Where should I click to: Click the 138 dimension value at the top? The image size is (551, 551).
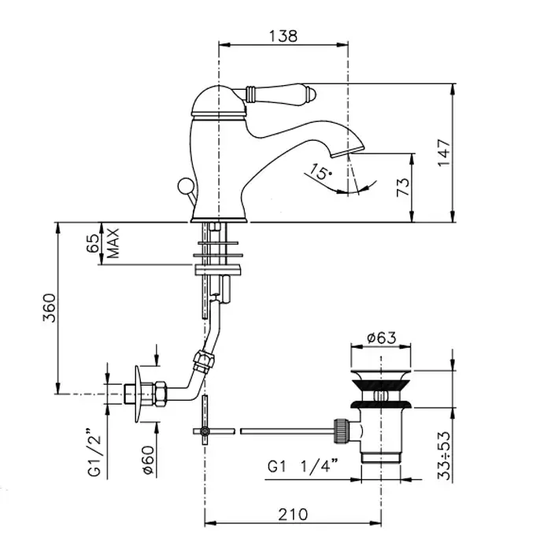[x=283, y=36]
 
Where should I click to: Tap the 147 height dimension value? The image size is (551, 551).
[x=444, y=153]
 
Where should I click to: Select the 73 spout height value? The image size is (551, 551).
[x=403, y=187]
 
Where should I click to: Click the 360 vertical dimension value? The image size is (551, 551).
[x=50, y=308]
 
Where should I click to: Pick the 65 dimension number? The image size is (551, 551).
[x=93, y=243]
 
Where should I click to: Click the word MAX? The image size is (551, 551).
[x=113, y=243]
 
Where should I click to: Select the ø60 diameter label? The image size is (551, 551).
[x=148, y=460]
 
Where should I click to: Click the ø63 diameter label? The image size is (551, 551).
[x=381, y=338]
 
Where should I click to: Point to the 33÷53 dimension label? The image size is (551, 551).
[x=444, y=455]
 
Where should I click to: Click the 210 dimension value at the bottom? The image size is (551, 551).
[x=293, y=515]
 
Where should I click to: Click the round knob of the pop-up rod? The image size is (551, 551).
[x=185, y=186]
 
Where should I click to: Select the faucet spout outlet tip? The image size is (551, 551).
[x=348, y=151]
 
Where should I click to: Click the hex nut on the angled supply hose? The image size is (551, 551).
[x=204, y=360]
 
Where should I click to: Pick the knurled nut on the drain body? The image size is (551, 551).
[x=342, y=431]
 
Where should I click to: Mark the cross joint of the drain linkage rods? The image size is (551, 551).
[x=204, y=431]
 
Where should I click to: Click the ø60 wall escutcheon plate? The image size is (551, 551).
[x=139, y=394]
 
